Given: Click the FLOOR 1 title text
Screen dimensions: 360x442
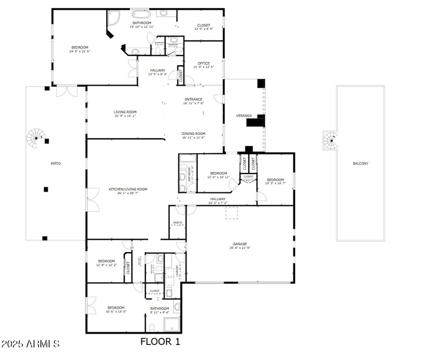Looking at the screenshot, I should [160, 342].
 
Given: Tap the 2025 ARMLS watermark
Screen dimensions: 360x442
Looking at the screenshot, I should [30, 344].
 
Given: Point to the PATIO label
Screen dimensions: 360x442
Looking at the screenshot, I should [56, 163].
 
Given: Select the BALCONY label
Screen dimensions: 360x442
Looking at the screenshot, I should [361, 163].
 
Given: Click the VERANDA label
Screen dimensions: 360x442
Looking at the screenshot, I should [244, 116].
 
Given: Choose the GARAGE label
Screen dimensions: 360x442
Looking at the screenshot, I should [239, 243].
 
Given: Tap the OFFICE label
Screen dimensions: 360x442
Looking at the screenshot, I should [203, 63].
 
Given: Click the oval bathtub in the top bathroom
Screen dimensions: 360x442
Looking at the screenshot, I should [140, 13].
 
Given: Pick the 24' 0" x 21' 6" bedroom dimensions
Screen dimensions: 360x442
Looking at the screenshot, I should [80, 51].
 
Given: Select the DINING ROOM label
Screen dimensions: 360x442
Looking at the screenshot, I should [193, 133].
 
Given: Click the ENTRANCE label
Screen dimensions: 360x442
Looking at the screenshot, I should [193, 99].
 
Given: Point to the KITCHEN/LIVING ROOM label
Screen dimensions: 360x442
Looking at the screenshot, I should [128, 189].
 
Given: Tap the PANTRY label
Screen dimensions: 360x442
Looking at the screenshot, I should [177, 222].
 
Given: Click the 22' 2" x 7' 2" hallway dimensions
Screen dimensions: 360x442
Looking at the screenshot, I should [218, 203].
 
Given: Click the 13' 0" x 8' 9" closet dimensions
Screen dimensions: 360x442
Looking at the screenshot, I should [203, 29].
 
